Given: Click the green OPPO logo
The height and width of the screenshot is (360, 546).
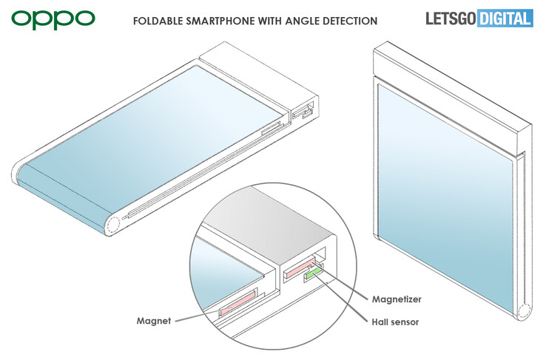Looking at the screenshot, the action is tap(53, 20).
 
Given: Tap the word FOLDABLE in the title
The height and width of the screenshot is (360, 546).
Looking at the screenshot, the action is tap(158, 21).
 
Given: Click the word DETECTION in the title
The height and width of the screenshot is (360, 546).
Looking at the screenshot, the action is tap(350, 21).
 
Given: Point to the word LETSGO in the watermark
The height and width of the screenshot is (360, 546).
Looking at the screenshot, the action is tap(451, 18).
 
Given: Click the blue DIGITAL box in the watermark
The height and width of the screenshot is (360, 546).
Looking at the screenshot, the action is tap(505, 18).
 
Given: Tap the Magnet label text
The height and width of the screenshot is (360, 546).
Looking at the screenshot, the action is tap(154, 321).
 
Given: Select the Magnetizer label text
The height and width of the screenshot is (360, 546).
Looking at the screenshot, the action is tap(397, 299).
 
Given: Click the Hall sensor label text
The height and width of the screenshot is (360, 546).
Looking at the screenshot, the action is tap(395, 322).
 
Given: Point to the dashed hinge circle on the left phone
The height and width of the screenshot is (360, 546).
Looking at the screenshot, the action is tap(113, 224).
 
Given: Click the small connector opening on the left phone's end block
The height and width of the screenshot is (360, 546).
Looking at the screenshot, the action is tap(303, 110).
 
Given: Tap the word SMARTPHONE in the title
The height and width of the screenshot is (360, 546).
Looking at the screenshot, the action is tap(220, 21).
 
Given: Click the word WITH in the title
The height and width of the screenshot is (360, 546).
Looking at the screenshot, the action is tap(271, 21).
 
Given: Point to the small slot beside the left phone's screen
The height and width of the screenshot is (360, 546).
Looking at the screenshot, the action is tap(271, 128).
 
